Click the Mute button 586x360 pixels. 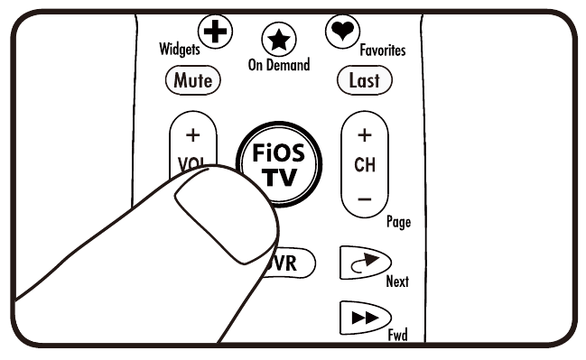tap(192, 79)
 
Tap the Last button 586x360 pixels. tap(364, 79)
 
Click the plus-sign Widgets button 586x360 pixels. tap(215, 32)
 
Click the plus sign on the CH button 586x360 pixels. tap(364, 136)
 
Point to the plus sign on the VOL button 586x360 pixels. tap(191, 136)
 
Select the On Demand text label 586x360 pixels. tap(279, 66)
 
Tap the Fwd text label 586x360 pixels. tap(397, 335)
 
